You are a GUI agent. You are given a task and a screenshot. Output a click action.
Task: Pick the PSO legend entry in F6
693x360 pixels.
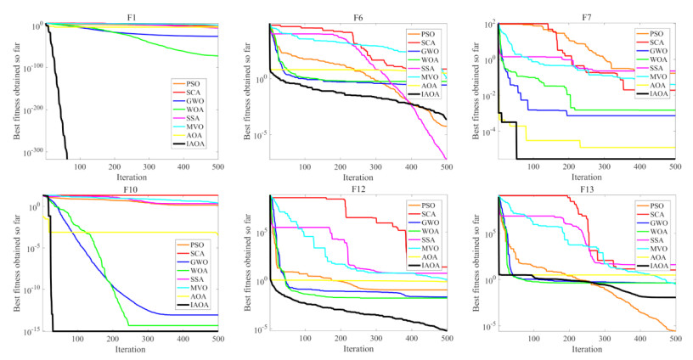(429, 36)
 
